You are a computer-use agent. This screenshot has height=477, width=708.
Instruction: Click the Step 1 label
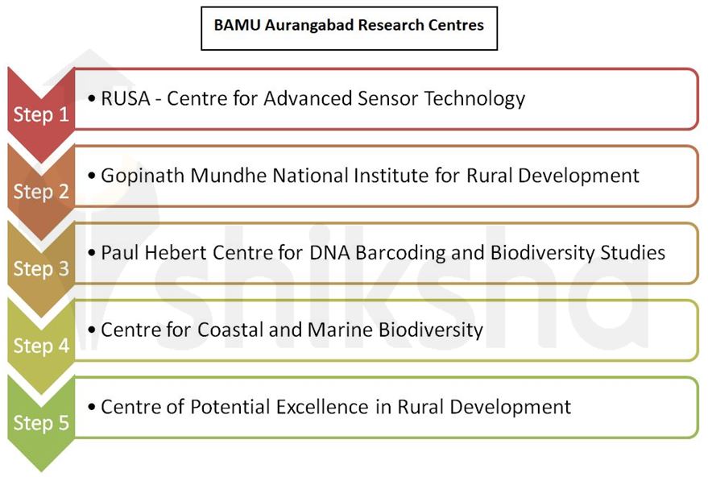[41, 114]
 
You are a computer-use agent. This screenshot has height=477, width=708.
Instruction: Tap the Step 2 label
[41, 192]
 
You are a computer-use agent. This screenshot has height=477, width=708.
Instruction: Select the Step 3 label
[41, 268]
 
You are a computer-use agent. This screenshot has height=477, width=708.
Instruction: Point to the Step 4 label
[41, 346]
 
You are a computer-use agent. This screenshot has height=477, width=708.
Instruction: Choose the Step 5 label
[41, 422]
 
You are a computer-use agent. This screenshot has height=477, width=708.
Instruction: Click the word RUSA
[123, 98]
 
